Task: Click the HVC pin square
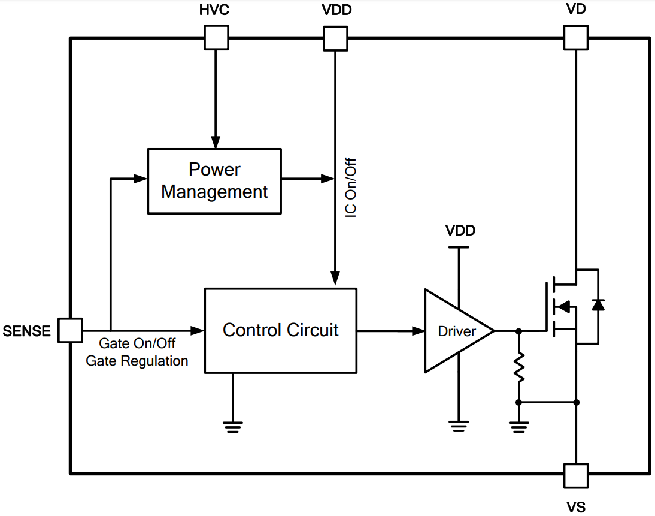[216, 37]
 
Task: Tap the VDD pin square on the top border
[335, 38]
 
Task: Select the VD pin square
[575, 37]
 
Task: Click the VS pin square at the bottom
[575, 475]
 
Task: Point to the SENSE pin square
[70, 330]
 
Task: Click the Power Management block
[214, 180]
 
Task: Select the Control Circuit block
[280, 330]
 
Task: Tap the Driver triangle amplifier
[455, 331]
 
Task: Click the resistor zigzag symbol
[518, 367]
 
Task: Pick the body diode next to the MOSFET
[597, 305]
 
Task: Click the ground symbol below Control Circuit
[233, 426]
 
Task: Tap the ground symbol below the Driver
[459, 426]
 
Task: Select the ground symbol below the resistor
[518, 426]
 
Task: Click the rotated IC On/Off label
[351, 188]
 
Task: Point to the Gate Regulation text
[137, 361]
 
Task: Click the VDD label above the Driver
[460, 231]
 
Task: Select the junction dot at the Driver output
[518, 330]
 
